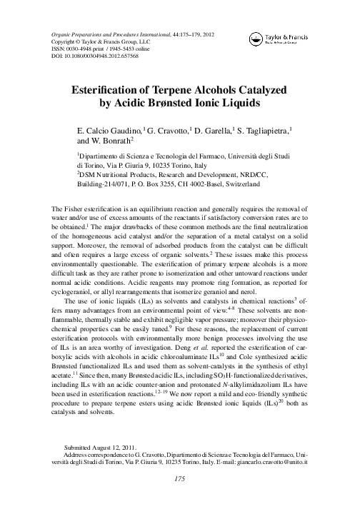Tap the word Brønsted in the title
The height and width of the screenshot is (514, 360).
(190, 107)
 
